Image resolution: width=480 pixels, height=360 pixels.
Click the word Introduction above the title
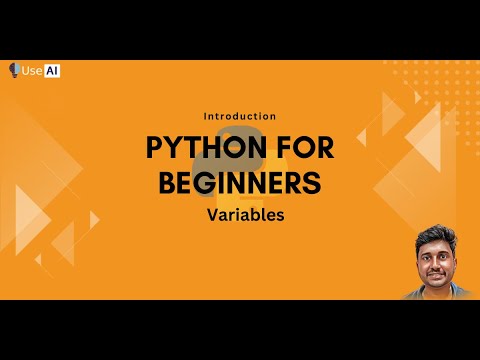tap(239, 116)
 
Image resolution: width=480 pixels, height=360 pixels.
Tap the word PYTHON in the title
tap(199, 148)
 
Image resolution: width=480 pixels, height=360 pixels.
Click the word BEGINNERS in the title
tap(239, 183)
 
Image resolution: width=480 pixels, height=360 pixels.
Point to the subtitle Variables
tap(239, 214)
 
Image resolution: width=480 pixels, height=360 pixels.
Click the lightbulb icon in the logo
tap(14, 71)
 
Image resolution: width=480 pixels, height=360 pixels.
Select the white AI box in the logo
tap(52, 71)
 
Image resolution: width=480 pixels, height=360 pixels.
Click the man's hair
tap(434, 236)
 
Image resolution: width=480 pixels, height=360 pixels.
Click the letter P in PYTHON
tap(156, 148)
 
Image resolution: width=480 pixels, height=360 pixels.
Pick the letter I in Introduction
tap(205, 116)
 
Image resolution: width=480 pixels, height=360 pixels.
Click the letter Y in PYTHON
tap(176, 148)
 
